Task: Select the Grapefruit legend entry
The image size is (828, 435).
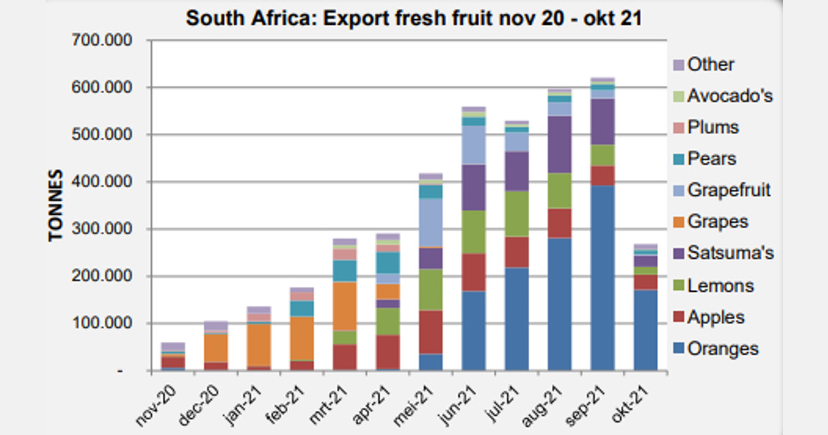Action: pos(729,190)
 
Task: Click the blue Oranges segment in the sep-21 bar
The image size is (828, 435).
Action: pos(602,276)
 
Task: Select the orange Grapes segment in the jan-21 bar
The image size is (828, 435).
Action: pos(258,344)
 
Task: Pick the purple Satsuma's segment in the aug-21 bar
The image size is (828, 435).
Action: pos(560,144)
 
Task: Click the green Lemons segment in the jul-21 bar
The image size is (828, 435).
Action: pos(516,213)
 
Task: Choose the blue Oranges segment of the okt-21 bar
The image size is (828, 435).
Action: pos(646,330)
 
